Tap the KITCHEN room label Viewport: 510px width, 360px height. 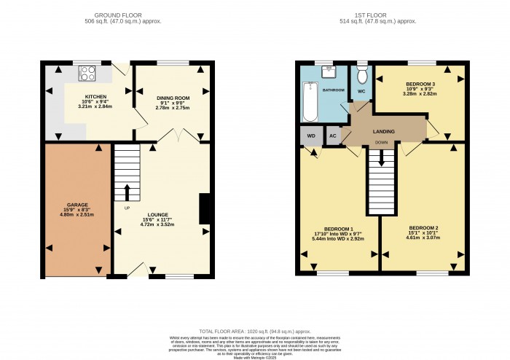(x=95, y=96)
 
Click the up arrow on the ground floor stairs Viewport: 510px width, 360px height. (x=127, y=192)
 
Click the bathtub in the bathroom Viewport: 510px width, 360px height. (x=311, y=103)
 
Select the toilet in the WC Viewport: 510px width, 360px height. (x=362, y=75)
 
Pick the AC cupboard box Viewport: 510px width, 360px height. (x=332, y=136)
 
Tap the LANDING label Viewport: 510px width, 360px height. (x=383, y=131)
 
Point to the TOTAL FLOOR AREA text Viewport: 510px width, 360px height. (x=255, y=331)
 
